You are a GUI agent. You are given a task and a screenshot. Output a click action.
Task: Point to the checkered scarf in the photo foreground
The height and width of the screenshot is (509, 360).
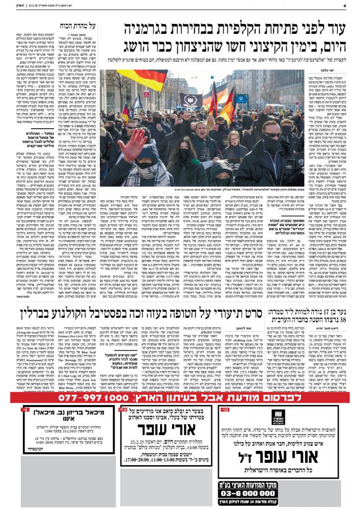(x=144, y=176)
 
